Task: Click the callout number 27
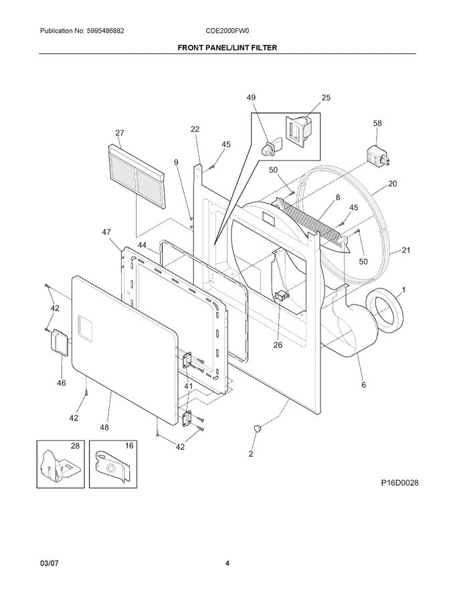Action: (120, 133)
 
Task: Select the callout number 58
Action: (377, 124)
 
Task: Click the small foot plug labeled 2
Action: (256, 428)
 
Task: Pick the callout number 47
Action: (106, 232)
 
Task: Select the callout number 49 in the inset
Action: (251, 98)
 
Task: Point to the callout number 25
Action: (326, 98)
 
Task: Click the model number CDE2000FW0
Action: (227, 31)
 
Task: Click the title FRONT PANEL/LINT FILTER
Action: (227, 48)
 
